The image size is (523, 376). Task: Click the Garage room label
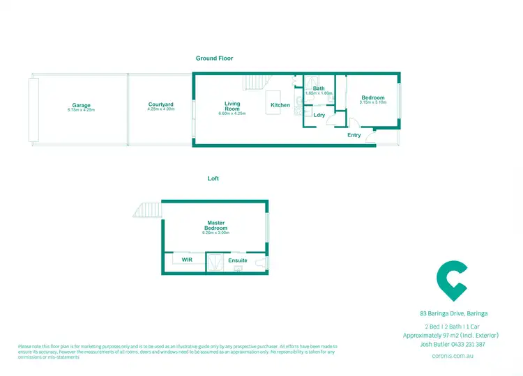point(81,105)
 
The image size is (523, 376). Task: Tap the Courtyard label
point(161,104)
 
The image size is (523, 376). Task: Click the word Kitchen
point(280,105)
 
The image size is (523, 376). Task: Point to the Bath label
point(319,88)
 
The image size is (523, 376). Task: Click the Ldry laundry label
point(319,115)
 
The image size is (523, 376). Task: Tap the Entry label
point(354,135)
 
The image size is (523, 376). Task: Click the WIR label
point(187,259)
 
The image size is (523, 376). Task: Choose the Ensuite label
point(238,259)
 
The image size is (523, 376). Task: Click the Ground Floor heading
point(214,59)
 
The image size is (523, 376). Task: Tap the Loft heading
point(213,179)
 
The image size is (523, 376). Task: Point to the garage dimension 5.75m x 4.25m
point(81,110)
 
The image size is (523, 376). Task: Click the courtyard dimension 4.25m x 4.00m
point(161,109)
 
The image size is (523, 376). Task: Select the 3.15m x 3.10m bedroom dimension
point(372,103)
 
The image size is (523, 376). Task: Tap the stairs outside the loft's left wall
point(150,209)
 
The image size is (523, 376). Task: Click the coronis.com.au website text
point(453,355)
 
